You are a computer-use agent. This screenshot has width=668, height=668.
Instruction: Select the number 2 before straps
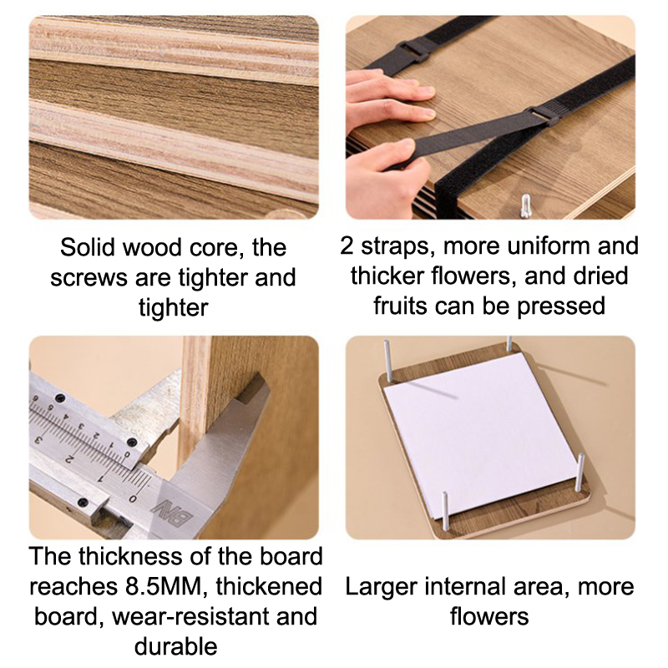(x=347, y=245)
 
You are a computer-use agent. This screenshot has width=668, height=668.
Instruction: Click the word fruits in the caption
(x=400, y=306)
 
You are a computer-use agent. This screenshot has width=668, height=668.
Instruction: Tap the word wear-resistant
(x=191, y=616)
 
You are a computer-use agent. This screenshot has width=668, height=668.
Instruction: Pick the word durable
(x=176, y=646)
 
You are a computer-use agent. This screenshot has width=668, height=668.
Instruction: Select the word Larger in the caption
(x=382, y=588)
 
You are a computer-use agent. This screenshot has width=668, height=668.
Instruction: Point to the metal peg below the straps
(x=526, y=205)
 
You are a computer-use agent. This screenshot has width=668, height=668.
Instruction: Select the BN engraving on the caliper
(x=173, y=513)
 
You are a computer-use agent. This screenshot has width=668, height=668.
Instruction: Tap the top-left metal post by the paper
(x=388, y=360)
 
